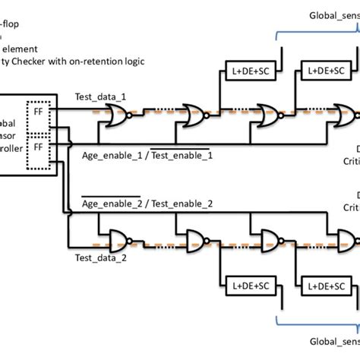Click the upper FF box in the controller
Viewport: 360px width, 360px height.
click(37, 111)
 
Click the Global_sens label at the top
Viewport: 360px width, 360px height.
click(333, 14)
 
